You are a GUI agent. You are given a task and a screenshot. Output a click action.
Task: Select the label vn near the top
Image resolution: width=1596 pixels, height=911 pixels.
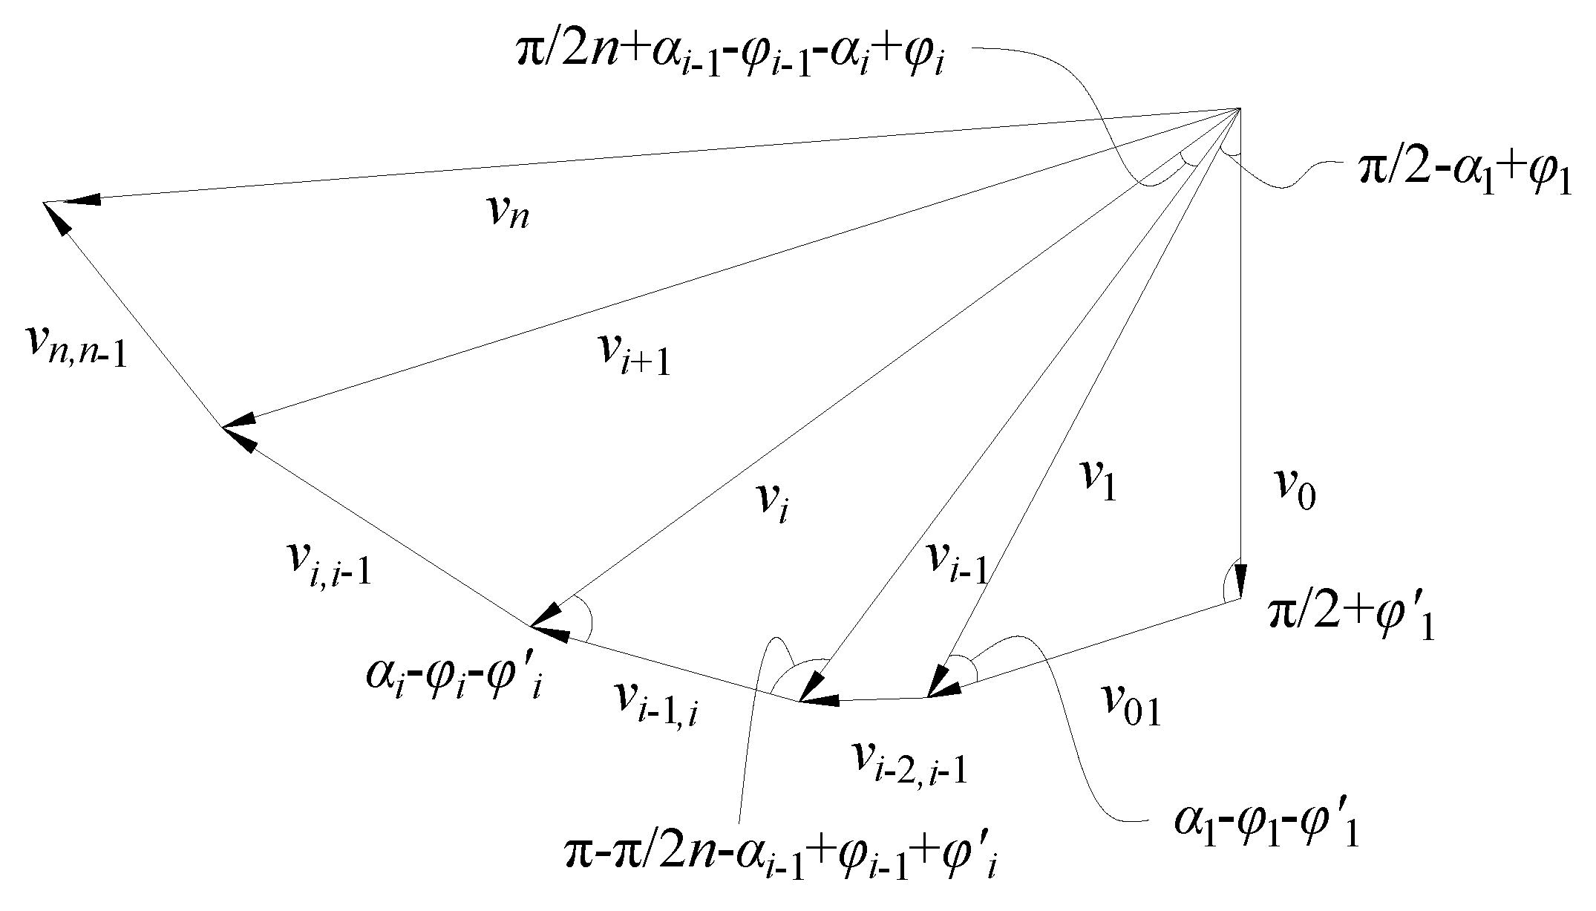[508, 214]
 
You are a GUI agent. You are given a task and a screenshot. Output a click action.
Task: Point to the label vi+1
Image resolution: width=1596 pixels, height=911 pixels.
[634, 356]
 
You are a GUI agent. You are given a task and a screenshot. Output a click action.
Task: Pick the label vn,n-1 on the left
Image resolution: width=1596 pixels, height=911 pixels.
[76, 348]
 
